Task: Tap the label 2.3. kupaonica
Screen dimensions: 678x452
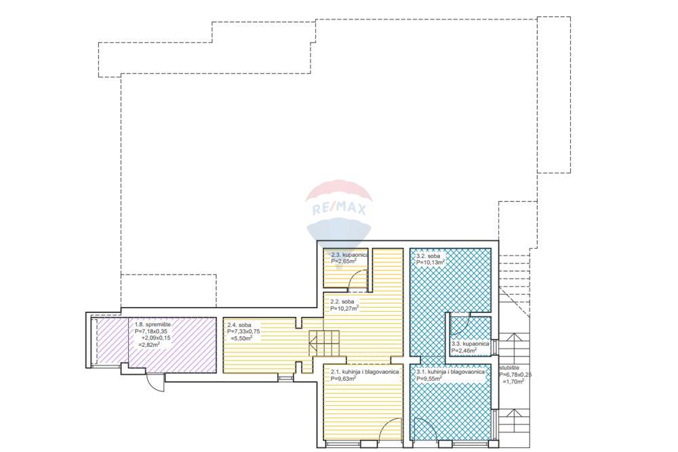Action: (x=349, y=255)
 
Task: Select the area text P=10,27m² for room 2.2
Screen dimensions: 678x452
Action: (x=344, y=308)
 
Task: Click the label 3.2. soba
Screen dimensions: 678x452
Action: (x=428, y=255)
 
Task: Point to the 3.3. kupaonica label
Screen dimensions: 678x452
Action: (x=470, y=344)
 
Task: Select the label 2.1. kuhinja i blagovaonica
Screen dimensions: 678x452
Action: (x=365, y=371)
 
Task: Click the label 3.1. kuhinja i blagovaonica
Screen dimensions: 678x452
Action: (x=450, y=371)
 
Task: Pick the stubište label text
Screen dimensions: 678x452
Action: (x=509, y=368)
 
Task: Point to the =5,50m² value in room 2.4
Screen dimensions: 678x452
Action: (x=241, y=338)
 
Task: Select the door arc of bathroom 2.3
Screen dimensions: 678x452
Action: (x=359, y=276)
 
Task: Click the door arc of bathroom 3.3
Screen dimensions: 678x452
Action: (x=460, y=326)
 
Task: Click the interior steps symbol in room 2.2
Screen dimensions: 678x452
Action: (x=324, y=342)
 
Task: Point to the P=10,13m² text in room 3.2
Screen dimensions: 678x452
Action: (x=431, y=262)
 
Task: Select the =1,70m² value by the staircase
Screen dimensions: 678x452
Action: (x=513, y=382)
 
